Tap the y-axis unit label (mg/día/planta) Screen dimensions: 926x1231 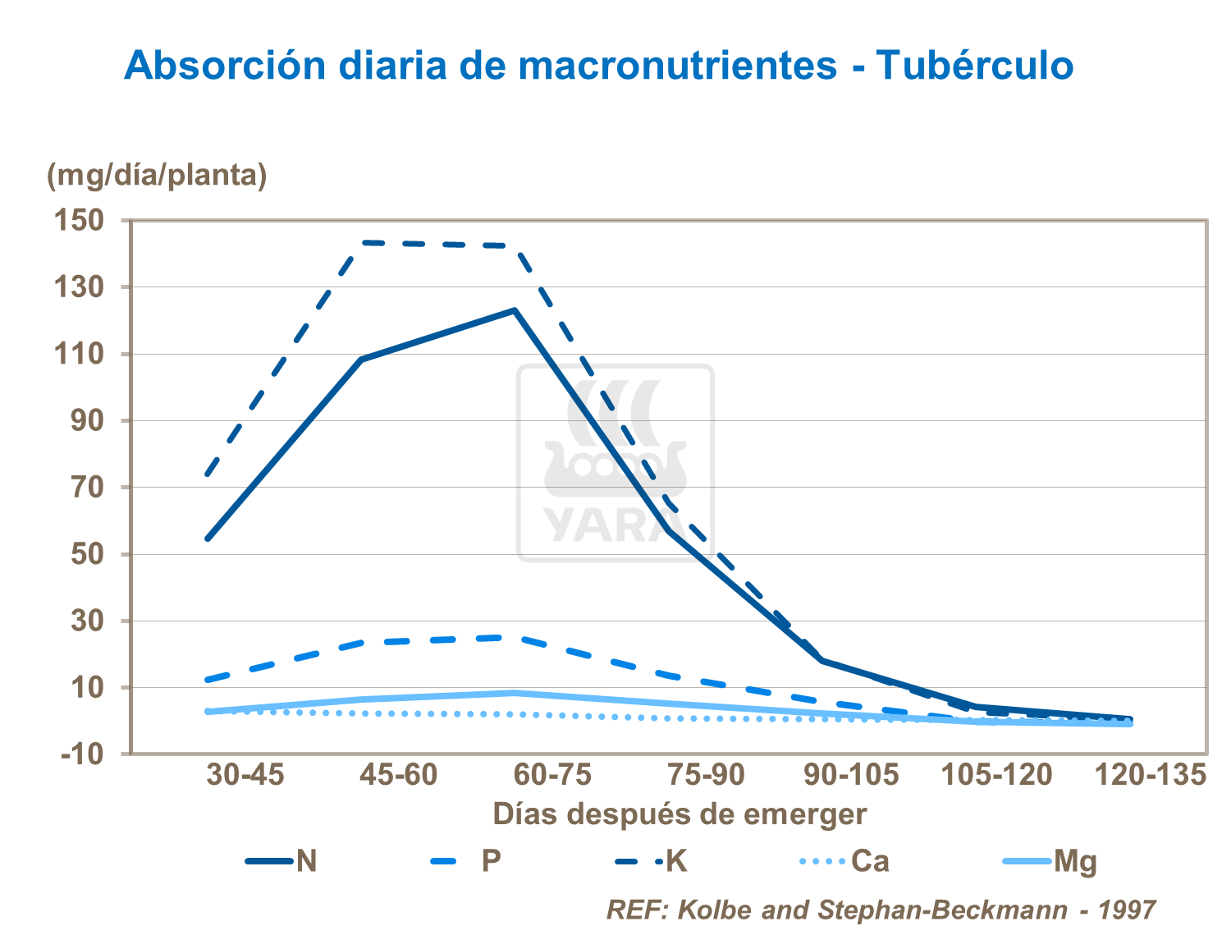tap(157, 175)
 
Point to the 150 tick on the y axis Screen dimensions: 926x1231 tap(79, 220)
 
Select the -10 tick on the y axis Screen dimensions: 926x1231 tap(82, 754)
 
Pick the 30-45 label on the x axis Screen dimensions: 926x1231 tap(245, 774)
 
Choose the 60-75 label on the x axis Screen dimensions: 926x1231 tap(552, 774)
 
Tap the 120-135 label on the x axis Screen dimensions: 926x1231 tap(1151, 774)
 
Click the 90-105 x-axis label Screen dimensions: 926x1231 tap(851, 774)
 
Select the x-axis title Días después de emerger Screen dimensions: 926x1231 tap(680, 814)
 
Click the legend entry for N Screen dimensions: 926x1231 tap(282, 861)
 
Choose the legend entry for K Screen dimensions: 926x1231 tap(652, 861)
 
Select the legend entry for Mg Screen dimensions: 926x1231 tap(1050, 861)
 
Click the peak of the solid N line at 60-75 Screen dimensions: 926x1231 tap(515, 310)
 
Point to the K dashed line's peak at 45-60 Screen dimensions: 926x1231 tap(362, 242)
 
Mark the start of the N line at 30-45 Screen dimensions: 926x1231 tap(208, 539)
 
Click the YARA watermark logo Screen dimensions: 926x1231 tap(615, 463)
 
